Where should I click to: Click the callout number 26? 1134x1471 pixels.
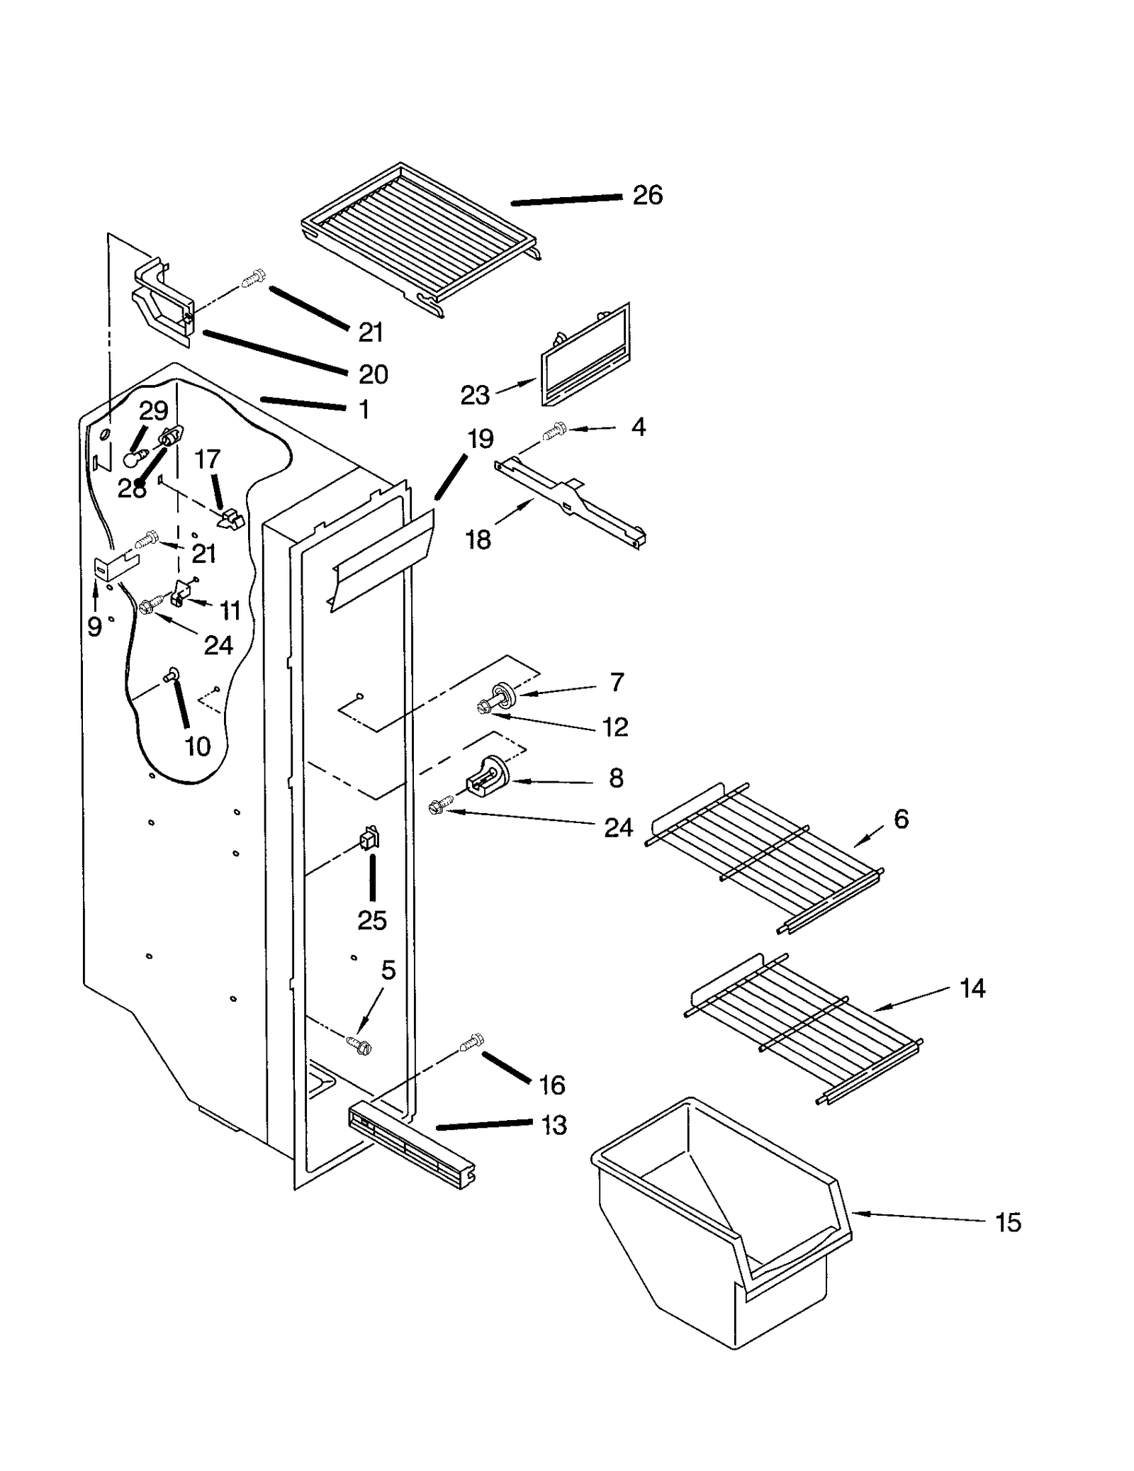(647, 195)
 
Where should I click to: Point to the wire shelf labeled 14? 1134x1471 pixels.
(801, 1028)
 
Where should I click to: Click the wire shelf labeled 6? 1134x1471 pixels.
(765, 858)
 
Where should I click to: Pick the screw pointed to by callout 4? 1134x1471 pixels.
(554, 432)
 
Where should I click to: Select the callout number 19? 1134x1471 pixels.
(481, 439)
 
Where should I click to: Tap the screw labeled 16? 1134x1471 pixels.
(471, 1042)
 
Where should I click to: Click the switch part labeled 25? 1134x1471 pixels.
(369, 839)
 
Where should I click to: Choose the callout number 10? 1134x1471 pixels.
(198, 746)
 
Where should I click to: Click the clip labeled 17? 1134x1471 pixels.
(230, 520)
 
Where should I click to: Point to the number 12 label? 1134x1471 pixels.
(614, 727)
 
